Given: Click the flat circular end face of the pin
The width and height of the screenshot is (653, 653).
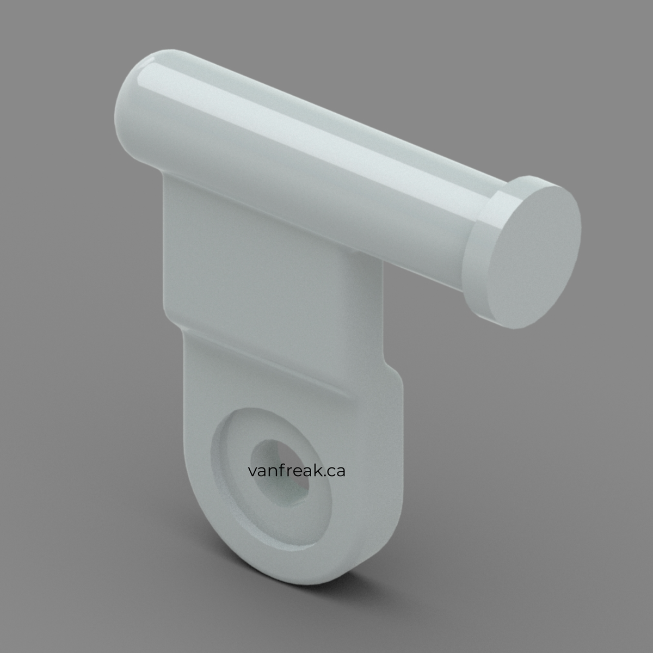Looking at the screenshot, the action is point(535,257).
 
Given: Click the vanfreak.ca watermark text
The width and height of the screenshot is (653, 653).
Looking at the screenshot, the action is point(297,471).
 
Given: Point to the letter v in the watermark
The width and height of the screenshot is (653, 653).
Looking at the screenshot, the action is point(253,472).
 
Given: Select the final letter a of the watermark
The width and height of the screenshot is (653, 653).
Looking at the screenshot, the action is point(340,472).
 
